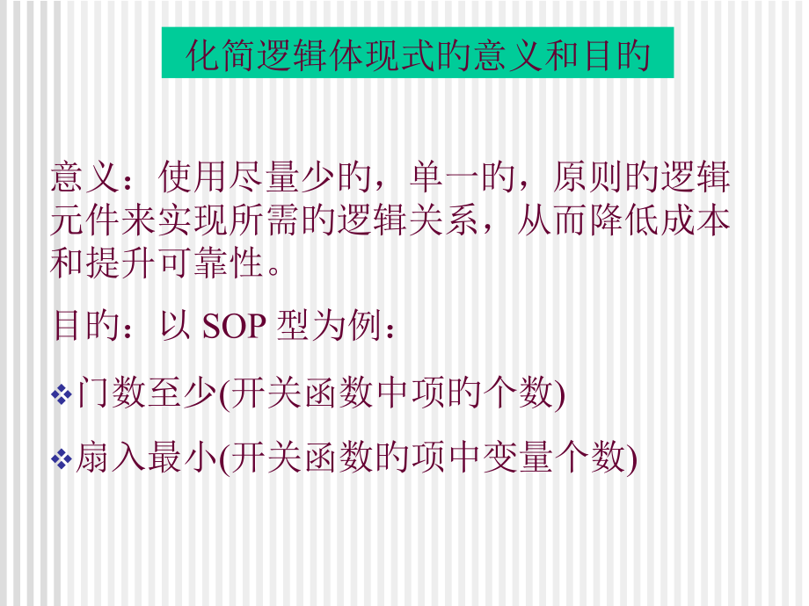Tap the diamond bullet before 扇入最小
click(x=62, y=458)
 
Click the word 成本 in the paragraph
click(x=695, y=220)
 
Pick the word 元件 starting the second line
click(x=88, y=220)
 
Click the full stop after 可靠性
click(x=275, y=268)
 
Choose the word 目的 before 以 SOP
click(x=87, y=326)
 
